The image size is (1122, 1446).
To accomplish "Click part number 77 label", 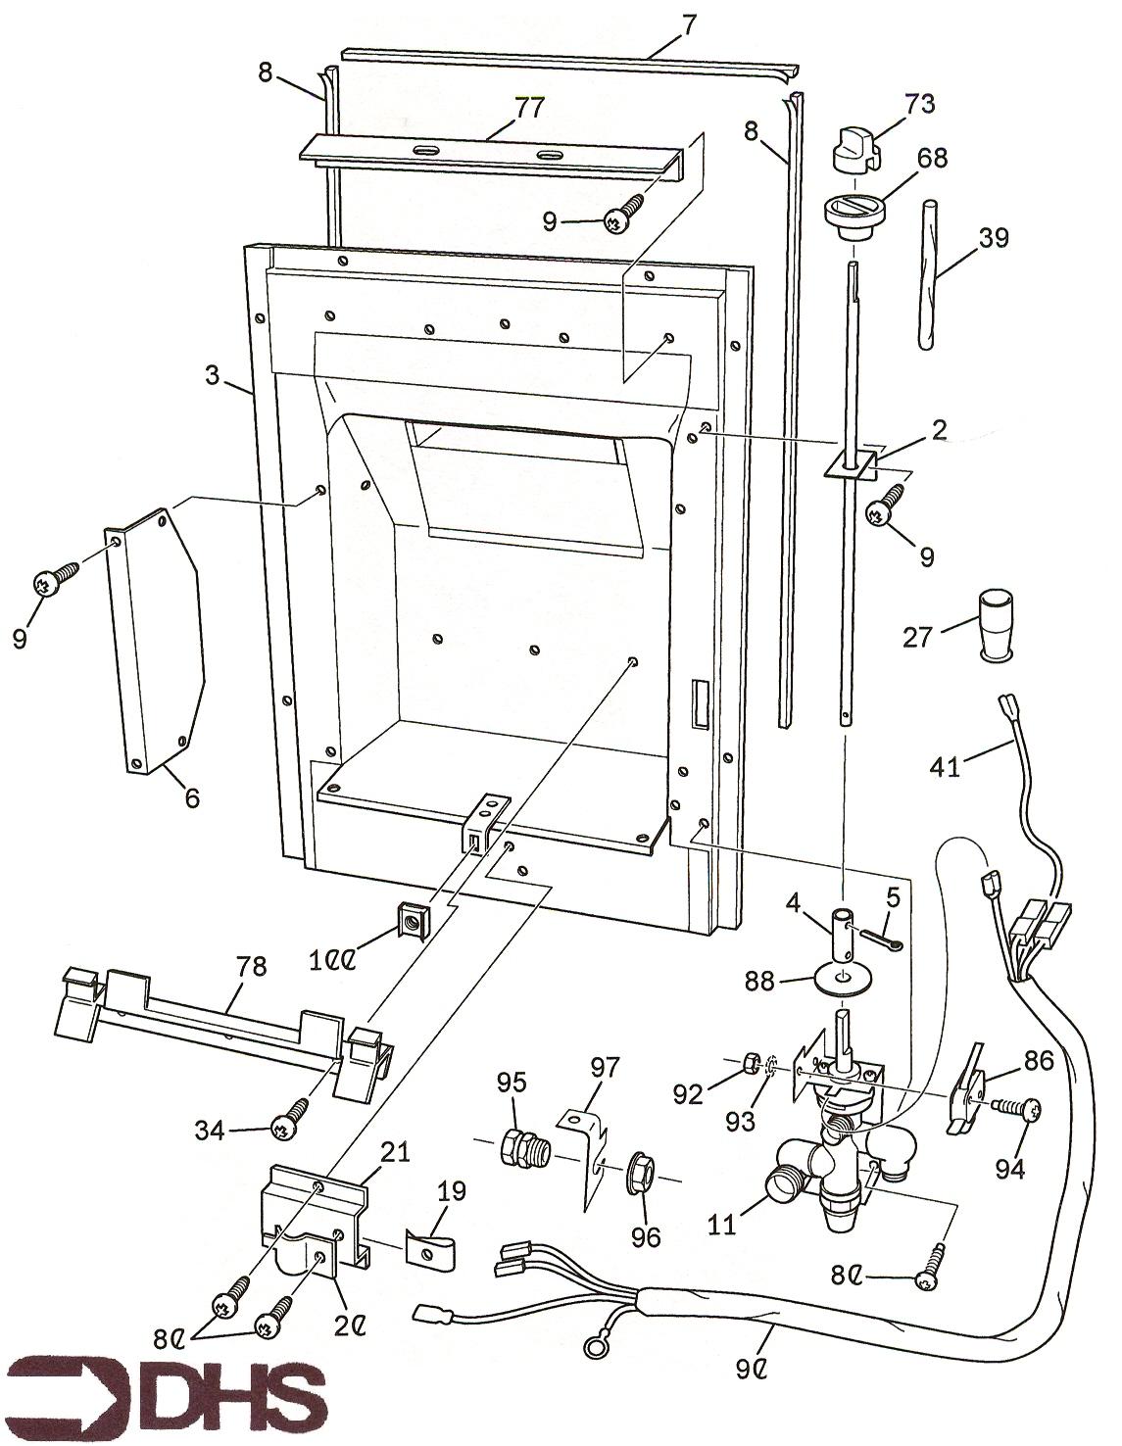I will (529, 108).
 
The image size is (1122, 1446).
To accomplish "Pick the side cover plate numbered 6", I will (157, 642).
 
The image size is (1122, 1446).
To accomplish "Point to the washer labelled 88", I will (843, 979).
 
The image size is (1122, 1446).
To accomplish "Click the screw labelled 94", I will (1019, 1108).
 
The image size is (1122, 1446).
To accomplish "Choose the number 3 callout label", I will (213, 374).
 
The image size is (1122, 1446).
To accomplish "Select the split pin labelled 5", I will (881, 940).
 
